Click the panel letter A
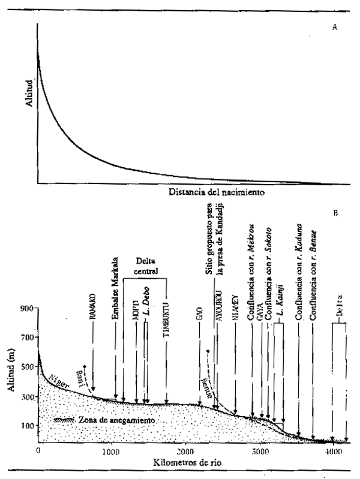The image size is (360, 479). coord(334,28)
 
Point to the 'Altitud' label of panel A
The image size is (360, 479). coord(26,103)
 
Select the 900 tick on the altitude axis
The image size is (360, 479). coord(26,308)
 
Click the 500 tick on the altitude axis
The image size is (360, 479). coord(26,367)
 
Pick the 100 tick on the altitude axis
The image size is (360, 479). coord(26,426)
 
